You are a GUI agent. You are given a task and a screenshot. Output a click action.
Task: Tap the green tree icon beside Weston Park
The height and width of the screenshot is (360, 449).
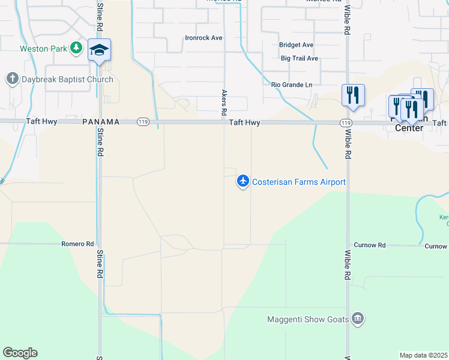[x=76, y=47]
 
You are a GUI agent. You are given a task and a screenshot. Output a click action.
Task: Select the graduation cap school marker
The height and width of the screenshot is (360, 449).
[x=99, y=50]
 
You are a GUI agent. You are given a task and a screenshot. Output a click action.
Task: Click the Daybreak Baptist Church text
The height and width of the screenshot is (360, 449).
[x=68, y=79]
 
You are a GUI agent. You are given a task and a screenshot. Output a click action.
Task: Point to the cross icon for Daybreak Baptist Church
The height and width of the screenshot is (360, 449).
[x=11, y=79]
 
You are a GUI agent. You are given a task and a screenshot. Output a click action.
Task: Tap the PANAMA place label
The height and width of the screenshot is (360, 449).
[x=101, y=122]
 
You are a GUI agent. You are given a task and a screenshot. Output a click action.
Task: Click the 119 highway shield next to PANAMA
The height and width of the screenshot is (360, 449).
[x=143, y=122]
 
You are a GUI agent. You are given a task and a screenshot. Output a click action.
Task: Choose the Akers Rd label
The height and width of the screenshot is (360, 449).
[x=224, y=103]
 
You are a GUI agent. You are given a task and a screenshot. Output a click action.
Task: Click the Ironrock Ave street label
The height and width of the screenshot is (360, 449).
[x=203, y=38]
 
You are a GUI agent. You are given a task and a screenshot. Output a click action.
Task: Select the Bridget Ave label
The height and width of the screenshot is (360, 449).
[x=297, y=45]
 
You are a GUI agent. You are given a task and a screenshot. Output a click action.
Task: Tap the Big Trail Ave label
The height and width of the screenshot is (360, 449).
[x=300, y=58]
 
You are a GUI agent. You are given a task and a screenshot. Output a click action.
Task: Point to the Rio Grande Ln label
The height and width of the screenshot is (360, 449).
[x=292, y=85]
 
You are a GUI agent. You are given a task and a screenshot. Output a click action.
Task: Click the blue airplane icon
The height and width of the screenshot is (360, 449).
[x=243, y=180]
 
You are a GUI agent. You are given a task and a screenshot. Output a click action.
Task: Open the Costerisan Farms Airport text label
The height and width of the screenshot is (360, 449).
[x=299, y=182]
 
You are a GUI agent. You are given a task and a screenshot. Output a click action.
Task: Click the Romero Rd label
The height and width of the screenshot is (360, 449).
[x=78, y=244]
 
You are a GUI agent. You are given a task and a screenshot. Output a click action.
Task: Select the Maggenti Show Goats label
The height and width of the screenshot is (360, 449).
[x=308, y=319]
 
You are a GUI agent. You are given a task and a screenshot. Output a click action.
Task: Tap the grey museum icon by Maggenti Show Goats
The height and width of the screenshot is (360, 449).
[x=358, y=318]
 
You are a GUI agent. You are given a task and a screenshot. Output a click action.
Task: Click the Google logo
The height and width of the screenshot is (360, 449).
[x=20, y=353]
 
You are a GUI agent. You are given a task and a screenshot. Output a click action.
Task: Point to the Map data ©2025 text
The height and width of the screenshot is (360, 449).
[x=423, y=355]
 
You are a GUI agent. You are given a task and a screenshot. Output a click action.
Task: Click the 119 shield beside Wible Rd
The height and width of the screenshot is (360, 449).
[x=345, y=122]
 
